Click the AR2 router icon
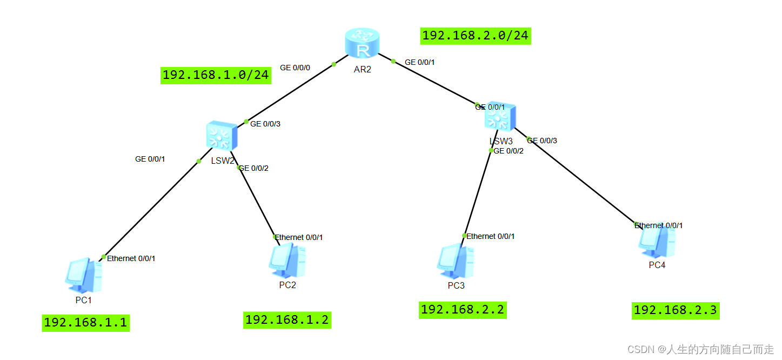[362, 44]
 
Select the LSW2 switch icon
[221, 136]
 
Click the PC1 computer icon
[83, 276]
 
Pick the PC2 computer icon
[287, 262]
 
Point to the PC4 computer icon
[657, 242]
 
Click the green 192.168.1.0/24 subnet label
[216, 75]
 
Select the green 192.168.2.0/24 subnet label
[475, 36]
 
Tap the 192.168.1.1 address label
[85, 323]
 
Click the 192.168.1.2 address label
[286, 319]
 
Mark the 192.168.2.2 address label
[462, 310]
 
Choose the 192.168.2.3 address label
[675, 310]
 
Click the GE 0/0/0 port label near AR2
[295, 68]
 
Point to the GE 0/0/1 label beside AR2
[420, 62]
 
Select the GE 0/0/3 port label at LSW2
[265, 124]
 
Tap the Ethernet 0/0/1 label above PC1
[131, 258]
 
